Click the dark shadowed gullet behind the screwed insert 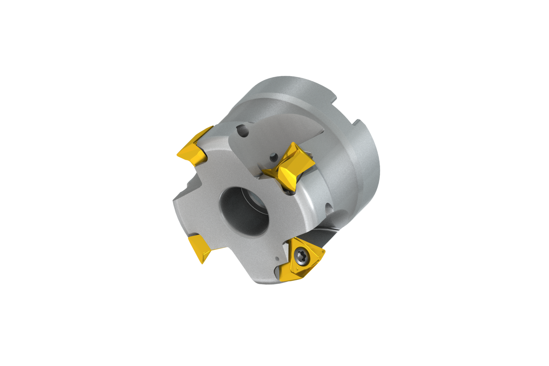(322, 234)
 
